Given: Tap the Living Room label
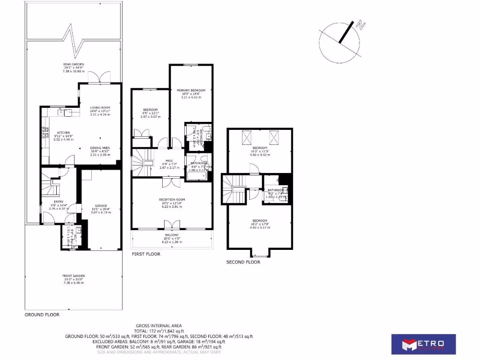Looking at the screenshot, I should pyautogui.click(x=99, y=108).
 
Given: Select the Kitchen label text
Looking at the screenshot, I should pyautogui.click(x=64, y=133).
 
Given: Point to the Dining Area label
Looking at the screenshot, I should pyautogui.click(x=100, y=148).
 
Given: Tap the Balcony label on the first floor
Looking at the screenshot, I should pyautogui.click(x=171, y=235).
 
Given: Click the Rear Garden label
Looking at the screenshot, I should pyautogui.click(x=74, y=64).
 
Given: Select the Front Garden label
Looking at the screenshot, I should pyautogui.click(x=73, y=276).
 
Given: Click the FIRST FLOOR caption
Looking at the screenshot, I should pyautogui.click(x=145, y=255).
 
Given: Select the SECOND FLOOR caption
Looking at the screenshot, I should pyautogui.click(x=243, y=262).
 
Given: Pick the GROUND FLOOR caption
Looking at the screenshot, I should pyautogui.click(x=42, y=315).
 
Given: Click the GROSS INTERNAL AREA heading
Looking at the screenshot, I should pyautogui.click(x=158, y=325).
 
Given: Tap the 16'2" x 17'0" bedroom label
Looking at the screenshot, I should pyautogui.click(x=259, y=221).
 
